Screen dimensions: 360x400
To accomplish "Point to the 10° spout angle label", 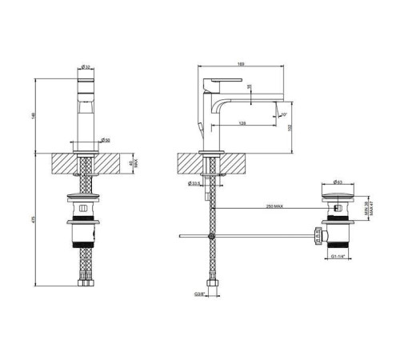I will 282,114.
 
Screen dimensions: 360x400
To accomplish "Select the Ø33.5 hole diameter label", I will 194,183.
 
